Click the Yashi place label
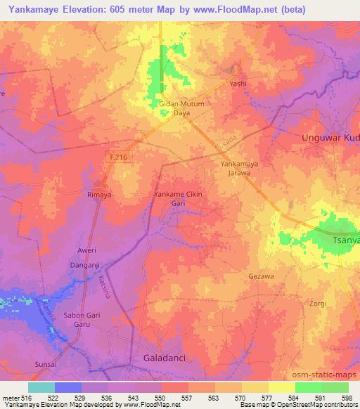[238, 83]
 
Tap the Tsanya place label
[346, 240]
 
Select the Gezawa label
[262, 277]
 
